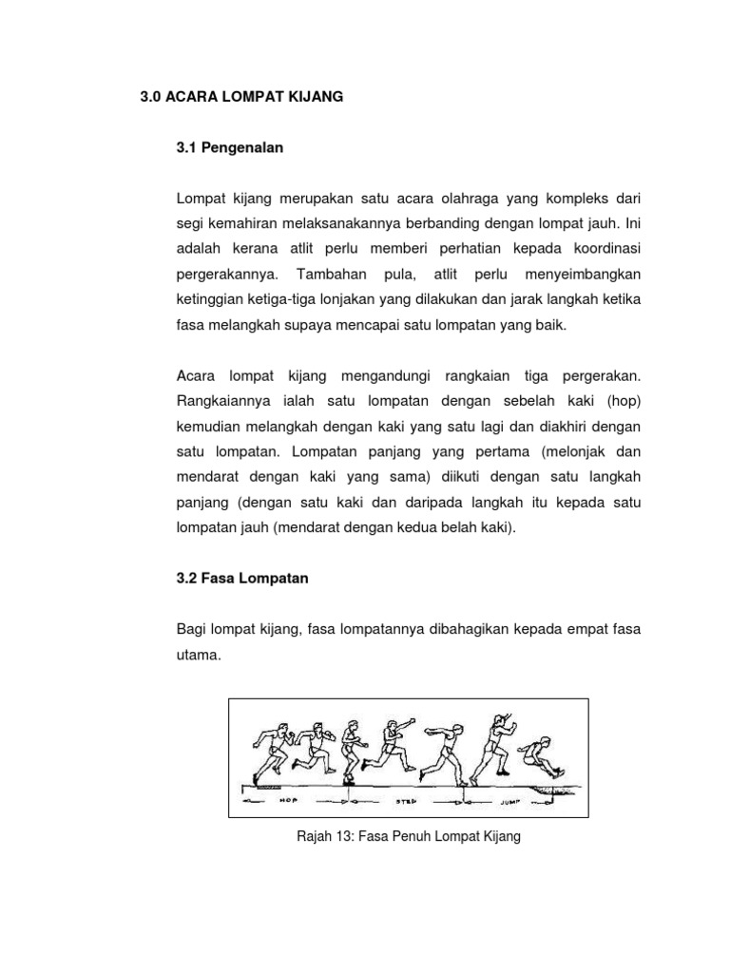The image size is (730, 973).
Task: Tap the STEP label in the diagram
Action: coord(407,802)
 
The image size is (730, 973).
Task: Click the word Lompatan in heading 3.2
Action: coord(274,578)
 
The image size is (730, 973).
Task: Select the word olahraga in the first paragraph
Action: coord(467,200)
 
